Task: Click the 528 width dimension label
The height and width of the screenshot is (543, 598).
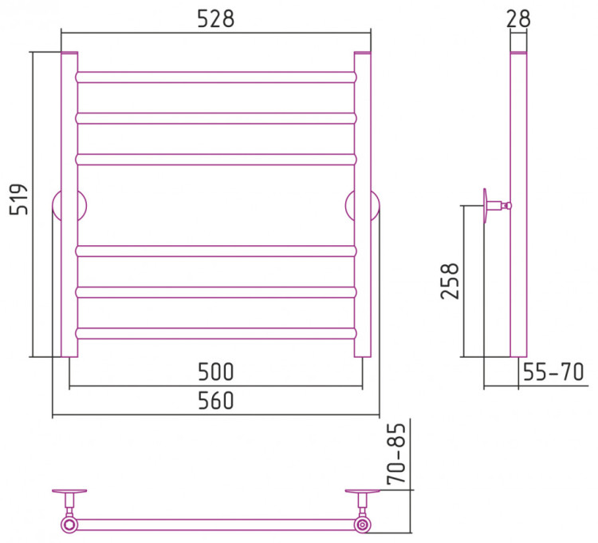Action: tap(215, 18)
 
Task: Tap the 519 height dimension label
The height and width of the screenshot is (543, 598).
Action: tap(18, 200)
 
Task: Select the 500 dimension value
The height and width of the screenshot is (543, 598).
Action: tap(215, 371)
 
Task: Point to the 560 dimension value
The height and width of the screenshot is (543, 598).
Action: tap(215, 401)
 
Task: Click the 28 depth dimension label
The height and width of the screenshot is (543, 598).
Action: tap(518, 18)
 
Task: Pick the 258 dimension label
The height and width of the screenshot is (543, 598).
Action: tap(450, 280)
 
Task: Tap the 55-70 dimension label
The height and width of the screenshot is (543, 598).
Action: tap(553, 371)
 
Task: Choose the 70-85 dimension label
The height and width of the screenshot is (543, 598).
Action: tap(395, 454)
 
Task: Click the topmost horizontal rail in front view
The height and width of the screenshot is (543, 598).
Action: tap(216, 77)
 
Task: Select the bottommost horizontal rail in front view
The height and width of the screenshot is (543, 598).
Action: tap(216, 333)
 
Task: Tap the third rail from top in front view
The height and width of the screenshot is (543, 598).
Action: tap(216, 160)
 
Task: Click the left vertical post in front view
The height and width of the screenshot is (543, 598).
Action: tap(69, 204)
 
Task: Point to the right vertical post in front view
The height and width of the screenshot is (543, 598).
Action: tap(362, 204)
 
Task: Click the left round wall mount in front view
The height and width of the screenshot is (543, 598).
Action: tap(69, 206)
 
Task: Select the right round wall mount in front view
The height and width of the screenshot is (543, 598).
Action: tap(362, 206)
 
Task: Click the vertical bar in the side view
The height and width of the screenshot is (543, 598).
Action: tap(518, 204)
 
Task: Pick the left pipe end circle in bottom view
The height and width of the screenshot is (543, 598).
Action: tap(69, 525)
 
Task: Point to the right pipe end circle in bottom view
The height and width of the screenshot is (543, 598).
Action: tap(362, 525)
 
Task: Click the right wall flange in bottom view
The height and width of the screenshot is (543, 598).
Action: tap(362, 491)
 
